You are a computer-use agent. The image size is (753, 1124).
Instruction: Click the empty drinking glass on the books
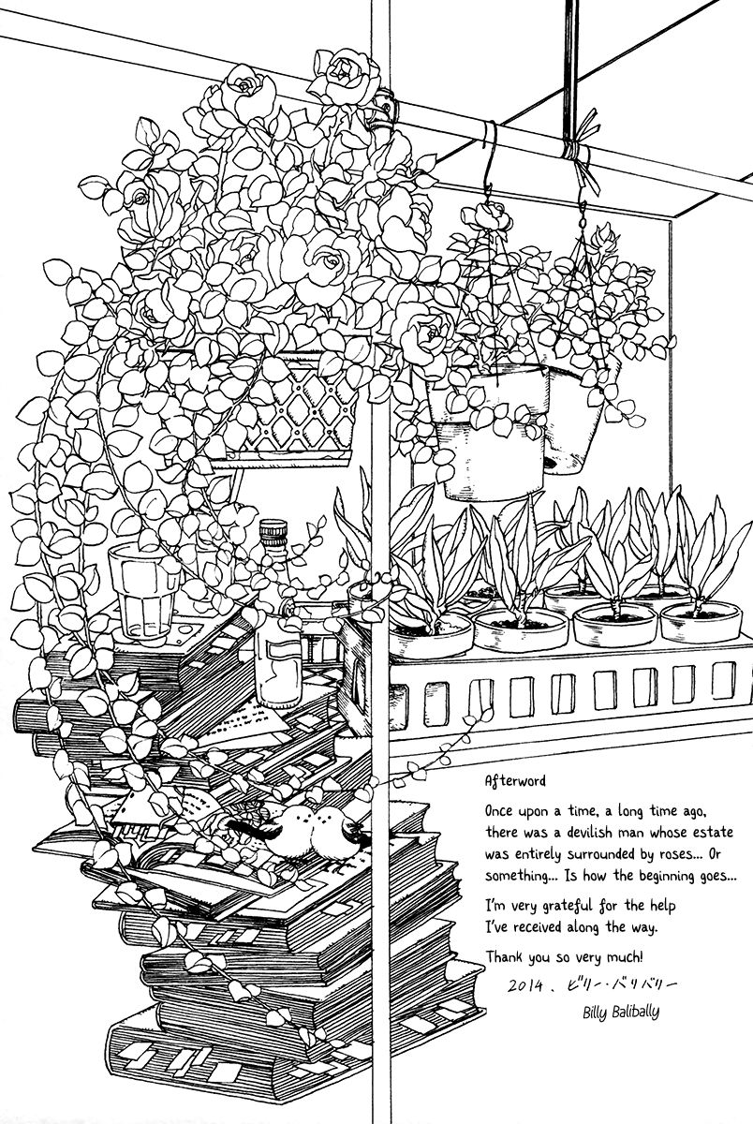141,589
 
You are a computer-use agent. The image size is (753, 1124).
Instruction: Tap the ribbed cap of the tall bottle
273,534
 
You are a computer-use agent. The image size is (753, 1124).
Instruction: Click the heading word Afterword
517,779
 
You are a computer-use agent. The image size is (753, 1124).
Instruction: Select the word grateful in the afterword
569,907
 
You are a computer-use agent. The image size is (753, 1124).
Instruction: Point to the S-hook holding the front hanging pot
487,183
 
